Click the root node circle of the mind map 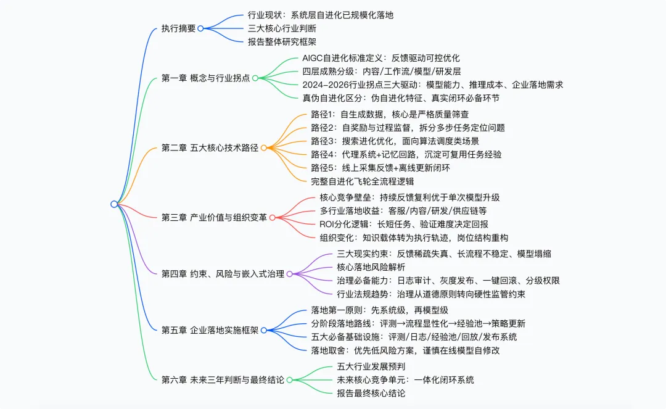pyautogui.click(x=114, y=204)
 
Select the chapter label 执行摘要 pyautogui.click(x=178, y=28)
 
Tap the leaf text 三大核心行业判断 pyautogui.click(x=282, y=28)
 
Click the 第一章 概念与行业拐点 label pyautogui.click(x=205, y=78)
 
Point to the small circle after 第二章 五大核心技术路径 pyautogui.click(x=264, y=148)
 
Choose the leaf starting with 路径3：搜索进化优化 pyautogui.click(x=395, y=141)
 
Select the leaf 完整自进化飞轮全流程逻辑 pyautogui.click(x=363, y=181)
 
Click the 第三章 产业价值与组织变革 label pyautogui.click(x=214, y=217)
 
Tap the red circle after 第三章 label pyautogui.click(x=273, y=217)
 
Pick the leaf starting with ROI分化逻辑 pyautogui.click(x=404, y=225)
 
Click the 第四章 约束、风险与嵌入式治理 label pyautogui.click(x=223, y=274)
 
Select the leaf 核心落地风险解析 pyautogui.click(x=371, y=267)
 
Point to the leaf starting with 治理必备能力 pyautogui.click(x=448, y=281)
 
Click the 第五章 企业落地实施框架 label pyautogui.click(x=210, y=331)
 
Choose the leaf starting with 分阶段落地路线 pyautogui.click(x=418, y=324)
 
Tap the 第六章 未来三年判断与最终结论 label pyautogui.click(x=223, y=379)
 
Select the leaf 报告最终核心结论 pyautogui.click(x=371, y=394)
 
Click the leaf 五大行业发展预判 pyautogui.click(x=371, y=366)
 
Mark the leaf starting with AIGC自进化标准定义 pyautogui.click(x=381, y=58)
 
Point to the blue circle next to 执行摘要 pyautogui.click(x=201, y=28)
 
